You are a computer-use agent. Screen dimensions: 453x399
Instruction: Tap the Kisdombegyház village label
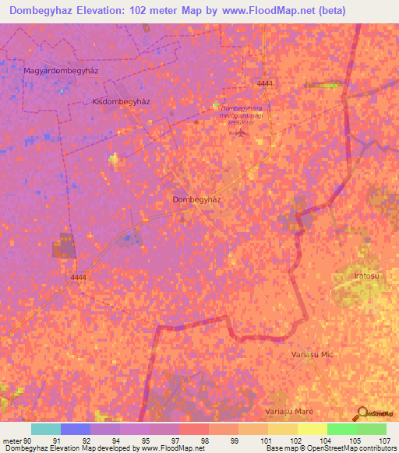pyautogui.click(x=121, y=101)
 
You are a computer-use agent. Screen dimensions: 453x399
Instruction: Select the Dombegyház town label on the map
pyautogui.click(x=197, y=199)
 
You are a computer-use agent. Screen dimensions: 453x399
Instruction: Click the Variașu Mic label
pyautogui.click(x=312, y=354)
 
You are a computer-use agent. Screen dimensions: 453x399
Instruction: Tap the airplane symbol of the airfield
pyautogui.click(x=239, y=132)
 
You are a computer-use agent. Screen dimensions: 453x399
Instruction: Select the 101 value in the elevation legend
pyautogui.click(x=253, y=440)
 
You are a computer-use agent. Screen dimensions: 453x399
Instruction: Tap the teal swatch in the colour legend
pyautogui.click(x=45, y=429)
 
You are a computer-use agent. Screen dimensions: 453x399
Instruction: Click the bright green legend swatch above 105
pyautogui.click(x=341, y=429)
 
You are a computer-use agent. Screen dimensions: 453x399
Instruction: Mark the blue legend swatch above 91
pyautogui.click(x=76, y=429)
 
